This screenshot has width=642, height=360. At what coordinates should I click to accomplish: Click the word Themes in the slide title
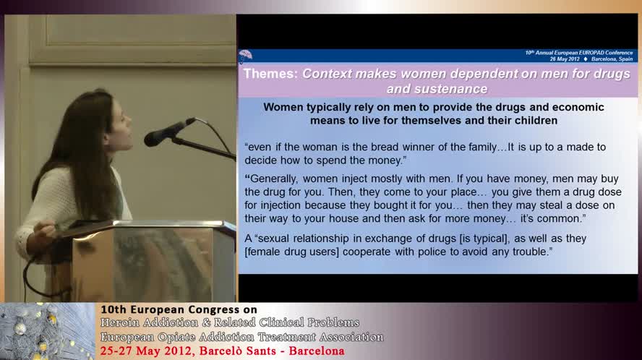[x=270, y=74]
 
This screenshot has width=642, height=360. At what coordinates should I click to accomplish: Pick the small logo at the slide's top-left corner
[x=246, y=55]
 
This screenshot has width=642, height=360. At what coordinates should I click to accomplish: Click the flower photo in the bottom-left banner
[x=47, y=331]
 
